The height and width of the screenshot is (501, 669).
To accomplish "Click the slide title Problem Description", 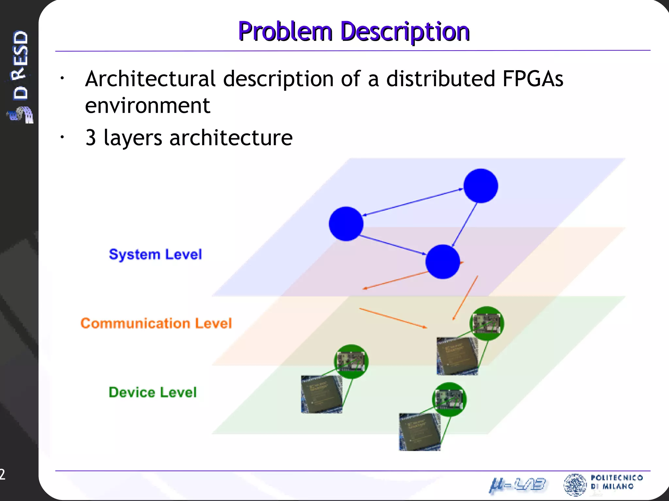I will (354, 31).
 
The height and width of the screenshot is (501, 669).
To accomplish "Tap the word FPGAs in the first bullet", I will (532, 79).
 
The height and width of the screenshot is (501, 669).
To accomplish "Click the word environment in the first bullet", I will (147, 106).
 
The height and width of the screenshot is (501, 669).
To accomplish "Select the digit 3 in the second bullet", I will (91, 138).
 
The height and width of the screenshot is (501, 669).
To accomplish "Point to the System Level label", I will (155, 254).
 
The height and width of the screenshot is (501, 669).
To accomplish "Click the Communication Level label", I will (156, 323).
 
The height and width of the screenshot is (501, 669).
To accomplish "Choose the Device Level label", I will (153, 392).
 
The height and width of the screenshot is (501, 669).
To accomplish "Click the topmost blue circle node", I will (481, 186).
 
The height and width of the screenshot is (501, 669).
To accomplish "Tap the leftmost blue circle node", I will (346, 224).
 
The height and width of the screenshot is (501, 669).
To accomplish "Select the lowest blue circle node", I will (443, 262).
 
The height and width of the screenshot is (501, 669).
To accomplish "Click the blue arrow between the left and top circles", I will (413, 202).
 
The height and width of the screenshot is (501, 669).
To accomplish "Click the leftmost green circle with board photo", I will (351, 361).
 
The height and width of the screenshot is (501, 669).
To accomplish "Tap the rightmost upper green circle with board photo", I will (487, 323).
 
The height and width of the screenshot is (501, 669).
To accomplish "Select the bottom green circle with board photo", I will (449, 399).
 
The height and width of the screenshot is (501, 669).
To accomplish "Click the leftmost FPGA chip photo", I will (321, 394).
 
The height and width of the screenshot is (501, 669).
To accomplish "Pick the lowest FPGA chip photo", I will (419, 432).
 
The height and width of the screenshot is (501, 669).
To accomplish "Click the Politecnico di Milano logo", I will (603, 484).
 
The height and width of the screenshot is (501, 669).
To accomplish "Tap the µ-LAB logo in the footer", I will (517, 485).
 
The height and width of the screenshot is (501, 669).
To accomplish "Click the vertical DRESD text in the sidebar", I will (20, 65).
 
